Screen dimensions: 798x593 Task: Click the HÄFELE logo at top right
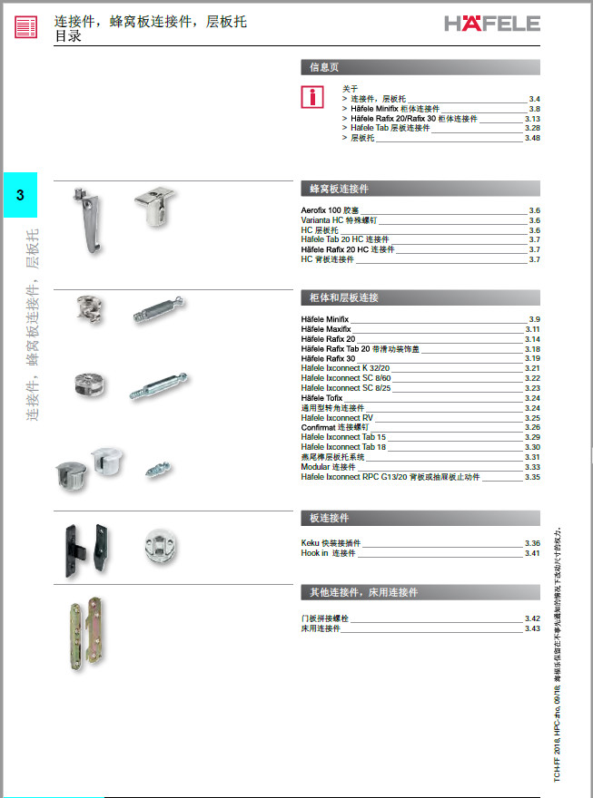pos(491,23)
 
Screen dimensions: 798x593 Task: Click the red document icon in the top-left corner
pos(27,27)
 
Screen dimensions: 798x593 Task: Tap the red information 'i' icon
pos(312,97)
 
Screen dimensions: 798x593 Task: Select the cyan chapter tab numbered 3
pos(21,195)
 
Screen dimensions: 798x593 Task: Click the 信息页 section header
pos(324,67)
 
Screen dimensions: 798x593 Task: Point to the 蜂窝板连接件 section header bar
pos(420,190)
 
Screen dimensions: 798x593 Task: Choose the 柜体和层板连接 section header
pos(420,297)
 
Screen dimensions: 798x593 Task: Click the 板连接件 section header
pos(420,518)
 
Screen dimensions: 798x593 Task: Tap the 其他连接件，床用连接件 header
pos(420,592)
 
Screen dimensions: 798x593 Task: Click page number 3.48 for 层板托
pos(532,138)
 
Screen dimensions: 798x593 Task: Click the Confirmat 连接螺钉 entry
pos(334,427)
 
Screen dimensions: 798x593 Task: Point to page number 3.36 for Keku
pos(532,543)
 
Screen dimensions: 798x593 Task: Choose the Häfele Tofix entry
pos(321,398)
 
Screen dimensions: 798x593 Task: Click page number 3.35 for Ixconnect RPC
pos(532,477)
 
